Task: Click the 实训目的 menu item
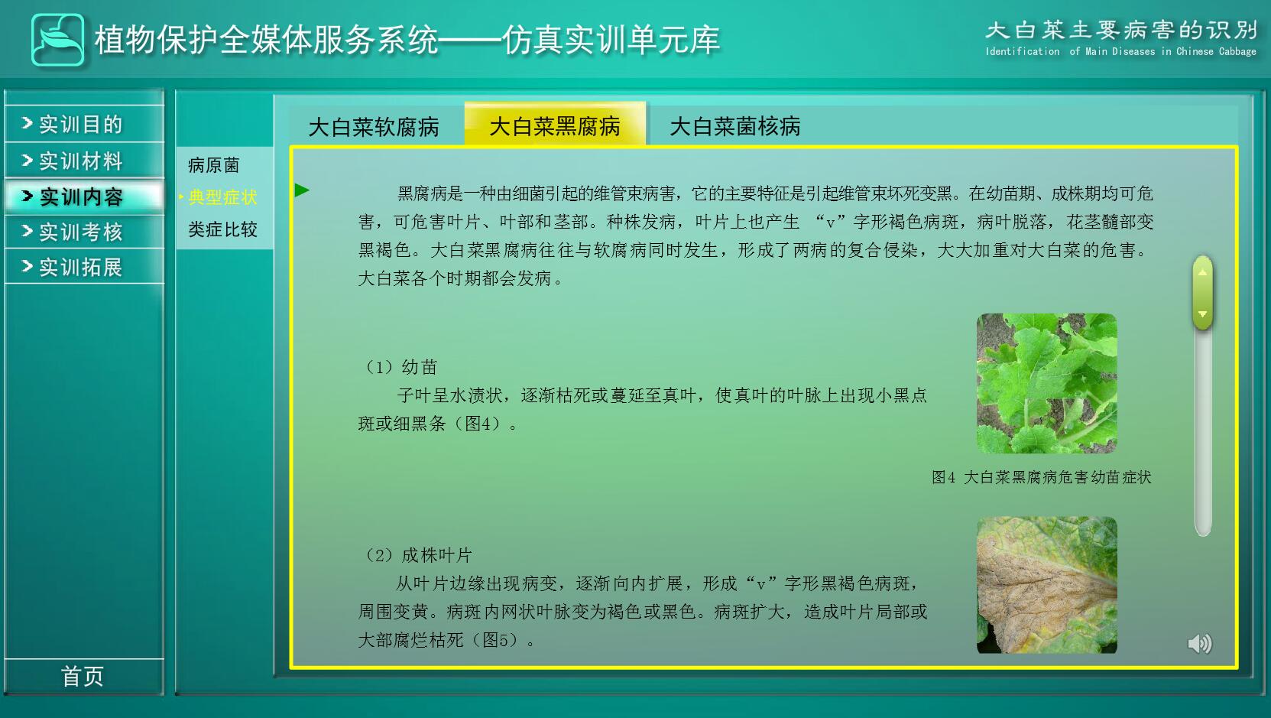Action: coord(84,124)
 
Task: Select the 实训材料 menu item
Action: coord(84,161)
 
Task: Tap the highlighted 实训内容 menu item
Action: coord(84,197)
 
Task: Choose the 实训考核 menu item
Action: coord(84,232)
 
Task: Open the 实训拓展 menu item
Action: coord(84,267)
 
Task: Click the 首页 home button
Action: coord(83,677)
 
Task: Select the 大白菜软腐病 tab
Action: coord(374,127)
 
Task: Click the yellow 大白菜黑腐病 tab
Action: coord(555,125)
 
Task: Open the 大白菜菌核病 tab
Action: coord(734,126)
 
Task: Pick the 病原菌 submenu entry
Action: coord(214,165)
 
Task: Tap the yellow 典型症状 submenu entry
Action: coord(222,197)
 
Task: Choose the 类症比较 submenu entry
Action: coord(222,229)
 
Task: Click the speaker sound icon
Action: coord(1199,644)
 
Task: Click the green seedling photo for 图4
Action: coord(1047,383)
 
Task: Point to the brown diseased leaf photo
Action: coord(1047,585)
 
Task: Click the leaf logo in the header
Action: coord(58,40)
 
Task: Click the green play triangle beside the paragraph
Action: coord(302,190)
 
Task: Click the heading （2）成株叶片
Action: coord(417,555)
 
